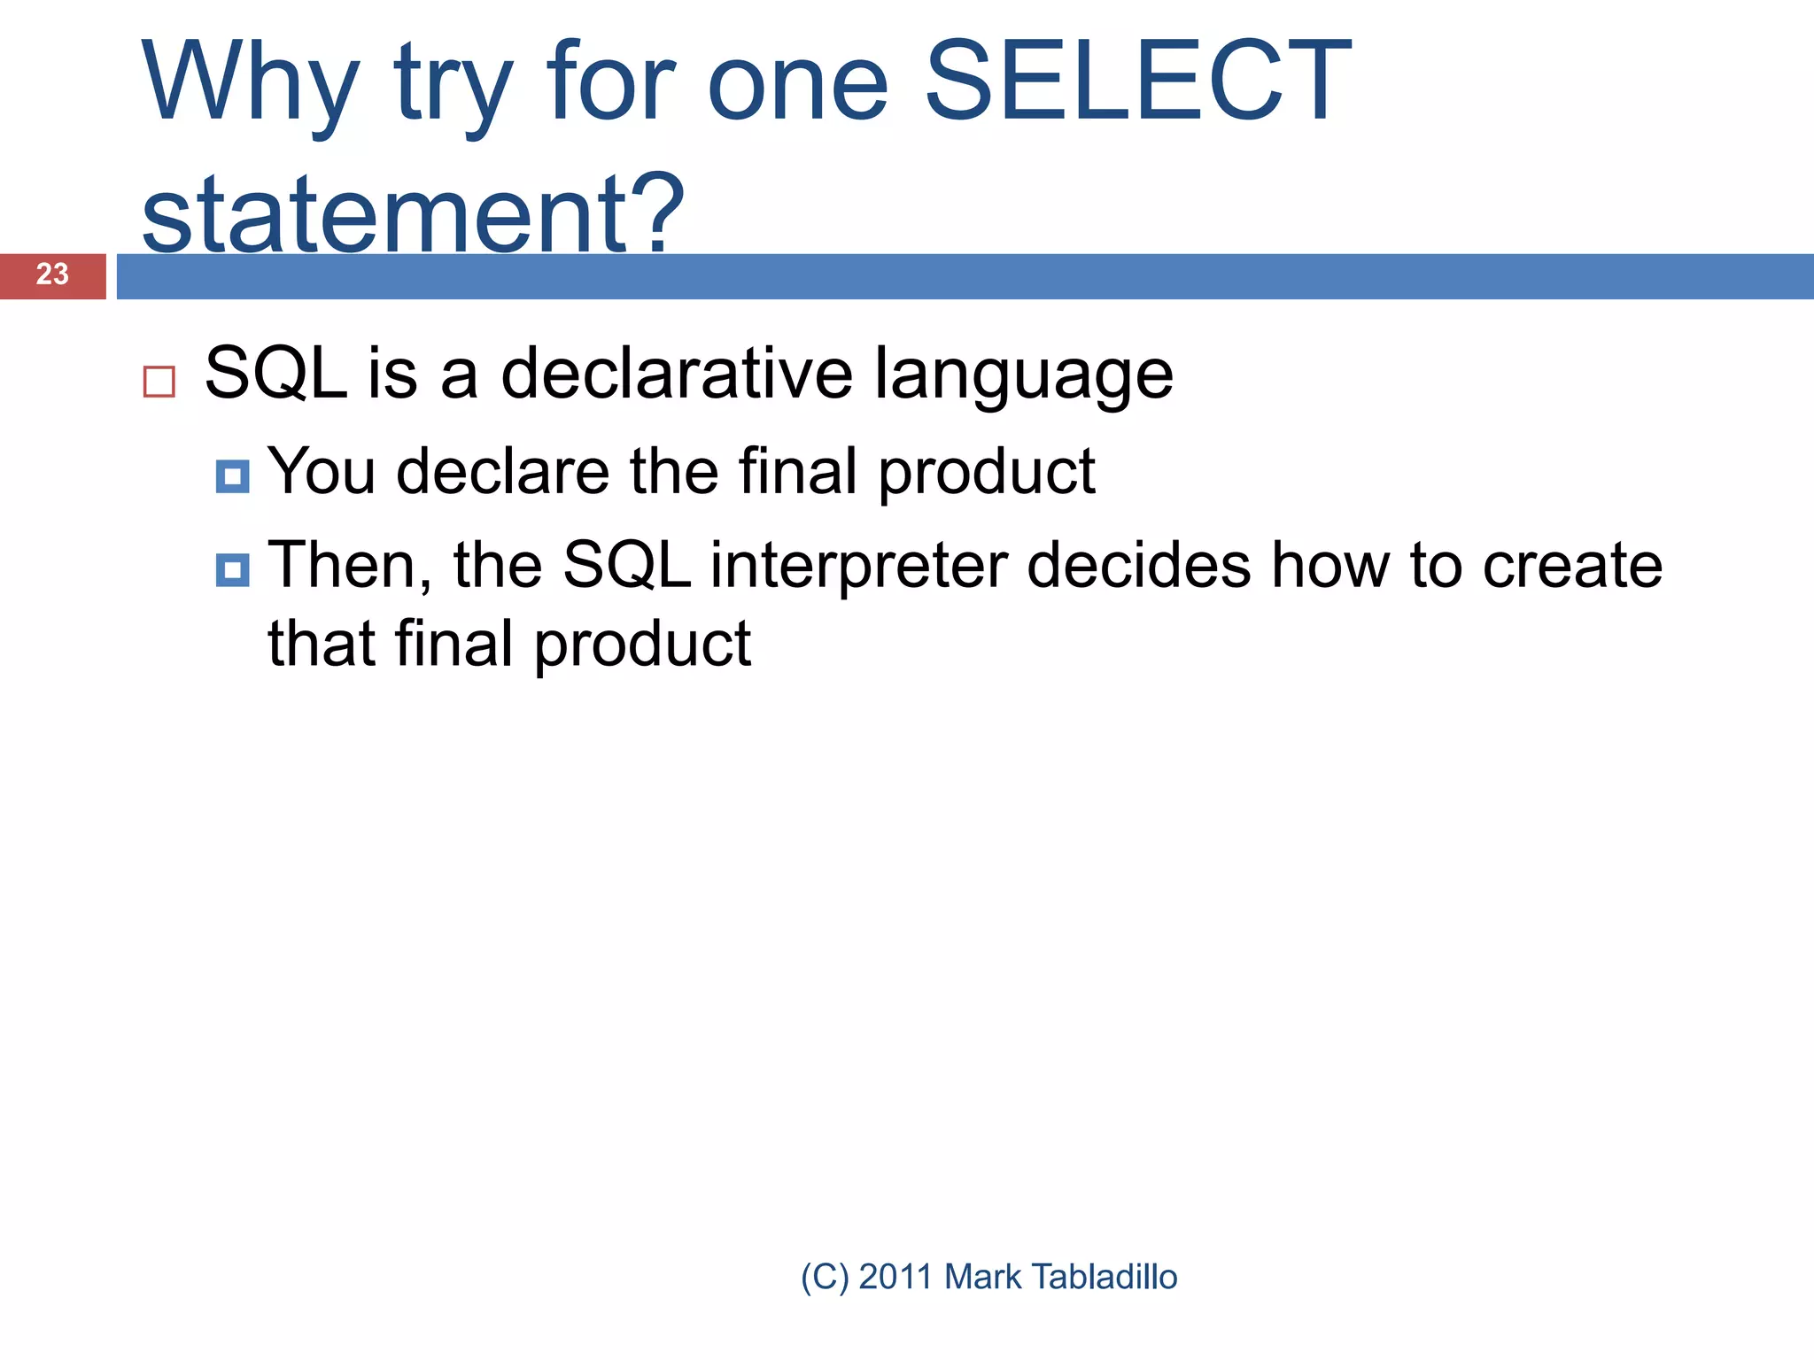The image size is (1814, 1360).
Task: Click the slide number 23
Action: (x=52, y=274)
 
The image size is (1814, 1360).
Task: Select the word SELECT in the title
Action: (x=1137, y=82)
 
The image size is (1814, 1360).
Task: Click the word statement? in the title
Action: (x=413, y=213)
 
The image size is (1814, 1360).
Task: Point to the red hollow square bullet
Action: (x=159, y=382)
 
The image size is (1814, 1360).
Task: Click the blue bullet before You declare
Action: (x=232, y=477)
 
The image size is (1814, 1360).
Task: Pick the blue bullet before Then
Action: (x=232, y=570)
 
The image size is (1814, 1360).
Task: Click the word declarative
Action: (x=678, y=374)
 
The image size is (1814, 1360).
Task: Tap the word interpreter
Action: (x=858, y=567)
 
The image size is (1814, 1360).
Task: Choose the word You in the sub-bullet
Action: (x=322, y=471)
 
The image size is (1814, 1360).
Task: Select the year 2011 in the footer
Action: (x=895, y=1277)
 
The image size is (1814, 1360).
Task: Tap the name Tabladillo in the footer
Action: (x=1105, y=1277)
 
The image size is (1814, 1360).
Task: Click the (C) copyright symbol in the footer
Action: (x=825, y=1277)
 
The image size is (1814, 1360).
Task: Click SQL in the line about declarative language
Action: (x=275, y=374)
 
